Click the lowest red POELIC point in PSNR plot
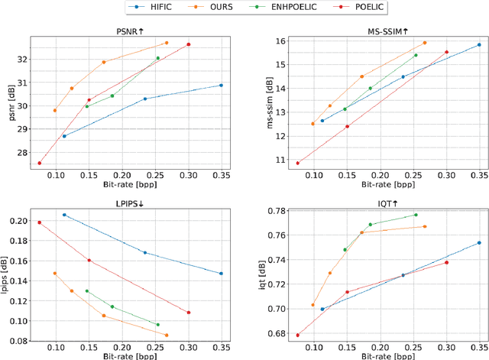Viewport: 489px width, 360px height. [x=40, y=163]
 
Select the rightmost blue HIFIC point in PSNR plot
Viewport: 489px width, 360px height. [x=222, y=85]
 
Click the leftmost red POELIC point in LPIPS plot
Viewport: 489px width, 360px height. [x=40, y=222]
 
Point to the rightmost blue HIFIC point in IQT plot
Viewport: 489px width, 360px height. [x=479, y=243]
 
